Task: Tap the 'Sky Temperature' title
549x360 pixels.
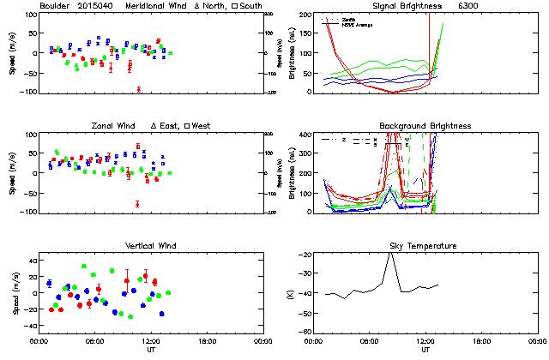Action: [x=425, y=246]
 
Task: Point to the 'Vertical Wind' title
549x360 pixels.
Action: [x=151, y=246]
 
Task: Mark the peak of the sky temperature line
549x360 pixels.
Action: [x=390, y=254]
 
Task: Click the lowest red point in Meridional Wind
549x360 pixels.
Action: [x=138, y=89]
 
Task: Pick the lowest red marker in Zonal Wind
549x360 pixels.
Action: [x=137, y=203]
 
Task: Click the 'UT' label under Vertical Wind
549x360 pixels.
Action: [x=151, y=350]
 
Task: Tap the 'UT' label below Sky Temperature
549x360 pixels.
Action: [x=425, y=350]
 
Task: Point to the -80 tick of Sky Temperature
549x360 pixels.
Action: [x=305, y=333]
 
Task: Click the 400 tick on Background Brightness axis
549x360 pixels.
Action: [x=305, y=135]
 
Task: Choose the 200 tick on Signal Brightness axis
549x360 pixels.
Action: [x=305, y=15]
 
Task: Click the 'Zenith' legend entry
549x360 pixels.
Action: [x=347, y=19]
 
